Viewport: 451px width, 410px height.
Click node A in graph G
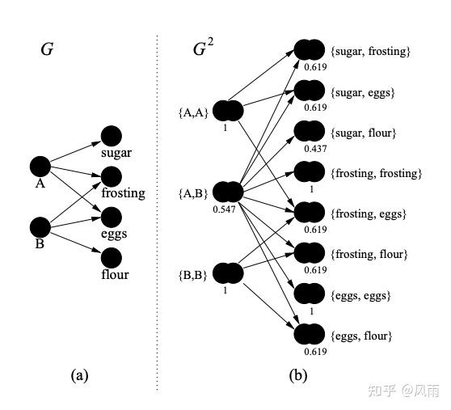[40, 167]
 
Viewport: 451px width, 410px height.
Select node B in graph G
[40, 227]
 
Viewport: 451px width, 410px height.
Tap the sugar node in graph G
[112, 136]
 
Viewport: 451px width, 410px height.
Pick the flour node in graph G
[112, 257]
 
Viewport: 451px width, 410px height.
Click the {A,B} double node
[228, 192]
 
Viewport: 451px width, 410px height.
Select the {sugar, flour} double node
[310, 131]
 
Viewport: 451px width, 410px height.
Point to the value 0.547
[224, 209]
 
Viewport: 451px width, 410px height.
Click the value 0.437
[315, 149]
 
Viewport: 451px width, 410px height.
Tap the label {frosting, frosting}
[376, 174]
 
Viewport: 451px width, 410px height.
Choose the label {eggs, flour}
[361, 336]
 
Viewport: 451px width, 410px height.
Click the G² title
[204, 48]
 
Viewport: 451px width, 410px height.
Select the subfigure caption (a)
[80, 375]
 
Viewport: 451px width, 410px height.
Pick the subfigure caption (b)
[298, 375]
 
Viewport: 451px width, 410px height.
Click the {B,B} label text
[192, 275]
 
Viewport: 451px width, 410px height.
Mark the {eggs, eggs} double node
[310, 294]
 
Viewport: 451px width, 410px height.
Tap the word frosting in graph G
[124, 193]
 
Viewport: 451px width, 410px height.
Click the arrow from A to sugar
[75, 152]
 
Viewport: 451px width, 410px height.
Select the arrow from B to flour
[75, 243]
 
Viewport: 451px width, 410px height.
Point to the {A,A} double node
[228, 111]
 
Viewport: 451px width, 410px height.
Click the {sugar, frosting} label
[370, 52]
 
